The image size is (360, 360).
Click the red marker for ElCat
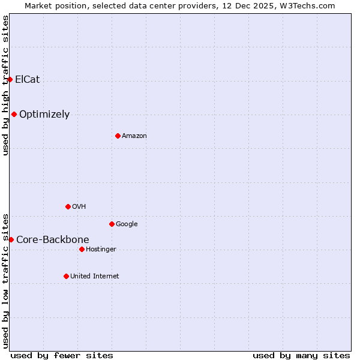pyautogui.click(x=10, y=79)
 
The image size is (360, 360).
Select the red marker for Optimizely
pyautogui.click(x=14, y=114)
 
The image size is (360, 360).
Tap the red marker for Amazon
pyautogui.click(x=118, y=136)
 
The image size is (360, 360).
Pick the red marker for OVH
pyautogui.click(x=68, y=206)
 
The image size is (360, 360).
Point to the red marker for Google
pyautogui.click(x=112, y=224)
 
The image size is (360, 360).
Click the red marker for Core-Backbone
pyautogui.click(x=11, y=239)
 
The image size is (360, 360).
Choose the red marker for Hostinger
pyautogui.click(x=82, y=249)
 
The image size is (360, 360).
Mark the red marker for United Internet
pyautogui.click(x=66, y=276)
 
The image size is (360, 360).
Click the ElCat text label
pyautogui.click(x=28, y=79)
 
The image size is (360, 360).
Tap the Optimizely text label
pyautogui.click(x=44, y=114)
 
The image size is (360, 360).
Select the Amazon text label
pyautogui.click(x=134, y=136)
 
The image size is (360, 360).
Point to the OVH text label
pyautogui.click(x=79, y=206)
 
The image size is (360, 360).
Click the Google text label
pyautogui.click(x=127, y=224)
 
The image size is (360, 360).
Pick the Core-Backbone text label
pyautogui.click(x=53, y=239)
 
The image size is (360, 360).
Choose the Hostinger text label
pyautogui.click(x=101, y=249)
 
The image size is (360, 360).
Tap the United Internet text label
pyautogui.click(x=95, y=276)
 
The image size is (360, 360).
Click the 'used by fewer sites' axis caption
pyautogui.click(x=62, y=355)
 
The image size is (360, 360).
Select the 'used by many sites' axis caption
pyautogui.click(x=301, y=355)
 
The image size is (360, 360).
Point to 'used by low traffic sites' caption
pyautogui.click(x=5, y=280)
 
